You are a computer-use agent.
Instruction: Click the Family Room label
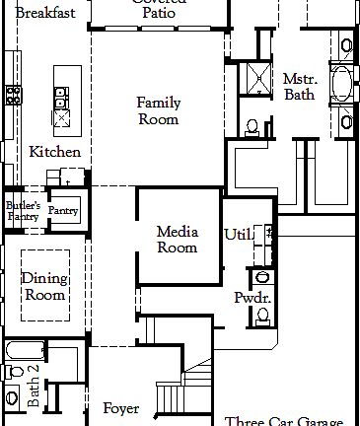point(158,110)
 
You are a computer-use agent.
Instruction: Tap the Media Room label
point(178,240)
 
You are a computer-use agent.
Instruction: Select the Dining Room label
point(44,286)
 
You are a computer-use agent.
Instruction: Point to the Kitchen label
point(54,152)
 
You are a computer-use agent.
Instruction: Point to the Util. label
point(239,235)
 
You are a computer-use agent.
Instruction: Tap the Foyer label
point(121,407)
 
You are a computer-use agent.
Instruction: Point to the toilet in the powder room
point(262,314)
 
